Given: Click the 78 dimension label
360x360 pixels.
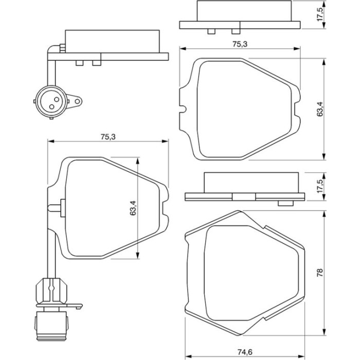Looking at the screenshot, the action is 320,273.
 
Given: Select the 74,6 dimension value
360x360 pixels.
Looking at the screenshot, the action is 245,352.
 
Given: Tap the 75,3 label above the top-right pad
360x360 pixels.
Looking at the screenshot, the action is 240,44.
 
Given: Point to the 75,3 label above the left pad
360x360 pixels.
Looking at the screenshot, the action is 108,137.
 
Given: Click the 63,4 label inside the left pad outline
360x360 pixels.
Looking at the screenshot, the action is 133,208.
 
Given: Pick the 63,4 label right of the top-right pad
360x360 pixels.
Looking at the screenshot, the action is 320,109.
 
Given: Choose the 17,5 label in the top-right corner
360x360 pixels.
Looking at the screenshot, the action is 320,14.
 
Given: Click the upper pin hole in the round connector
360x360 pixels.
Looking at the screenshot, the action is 57,99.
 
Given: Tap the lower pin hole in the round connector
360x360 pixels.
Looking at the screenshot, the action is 52,106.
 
